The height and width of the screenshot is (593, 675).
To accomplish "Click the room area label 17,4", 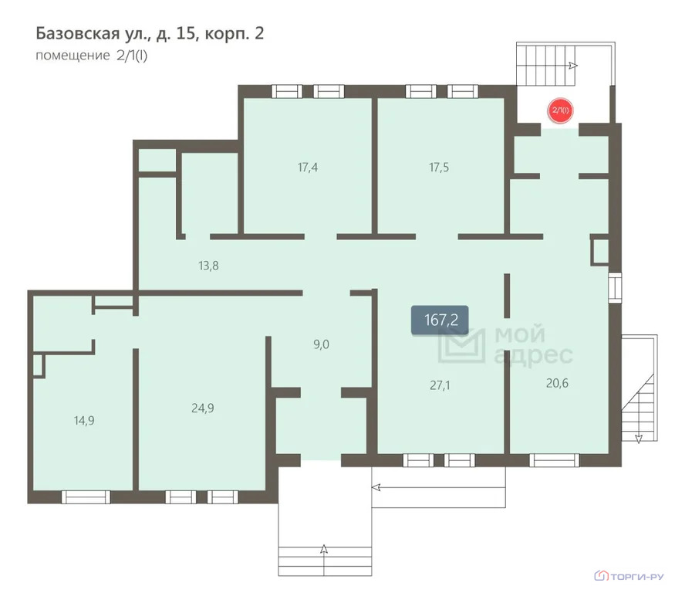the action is (308, 168).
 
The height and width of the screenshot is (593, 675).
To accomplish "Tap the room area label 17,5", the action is (439, 168).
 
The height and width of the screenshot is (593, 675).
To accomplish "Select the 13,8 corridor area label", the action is (208, 266).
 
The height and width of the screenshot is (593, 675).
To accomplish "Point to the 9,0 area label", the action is (321, 344).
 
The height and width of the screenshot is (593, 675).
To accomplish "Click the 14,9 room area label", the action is (84, 420).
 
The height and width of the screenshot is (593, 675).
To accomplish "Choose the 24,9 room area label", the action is (203, 408).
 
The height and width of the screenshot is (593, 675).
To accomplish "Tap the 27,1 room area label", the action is (440, 385).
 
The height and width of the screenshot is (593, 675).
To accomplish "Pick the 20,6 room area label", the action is (557, 383).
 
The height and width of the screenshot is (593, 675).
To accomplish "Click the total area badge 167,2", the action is (440, 320).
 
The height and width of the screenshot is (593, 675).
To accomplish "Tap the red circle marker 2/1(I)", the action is (561, 110).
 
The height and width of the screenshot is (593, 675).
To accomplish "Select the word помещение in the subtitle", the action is (73, 56).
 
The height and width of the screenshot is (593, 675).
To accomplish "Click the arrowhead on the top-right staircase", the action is (573, 66).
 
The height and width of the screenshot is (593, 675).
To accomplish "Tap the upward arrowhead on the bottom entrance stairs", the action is (324, 549).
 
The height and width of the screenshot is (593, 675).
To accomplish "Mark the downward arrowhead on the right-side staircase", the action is (639, 439).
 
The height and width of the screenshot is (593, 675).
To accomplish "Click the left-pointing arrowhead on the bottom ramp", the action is (376, 487).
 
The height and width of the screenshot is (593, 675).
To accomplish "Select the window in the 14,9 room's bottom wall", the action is (86, 497).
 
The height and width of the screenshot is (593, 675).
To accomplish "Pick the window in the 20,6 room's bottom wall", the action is (555, 460).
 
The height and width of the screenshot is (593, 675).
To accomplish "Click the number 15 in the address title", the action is (185, 33).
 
